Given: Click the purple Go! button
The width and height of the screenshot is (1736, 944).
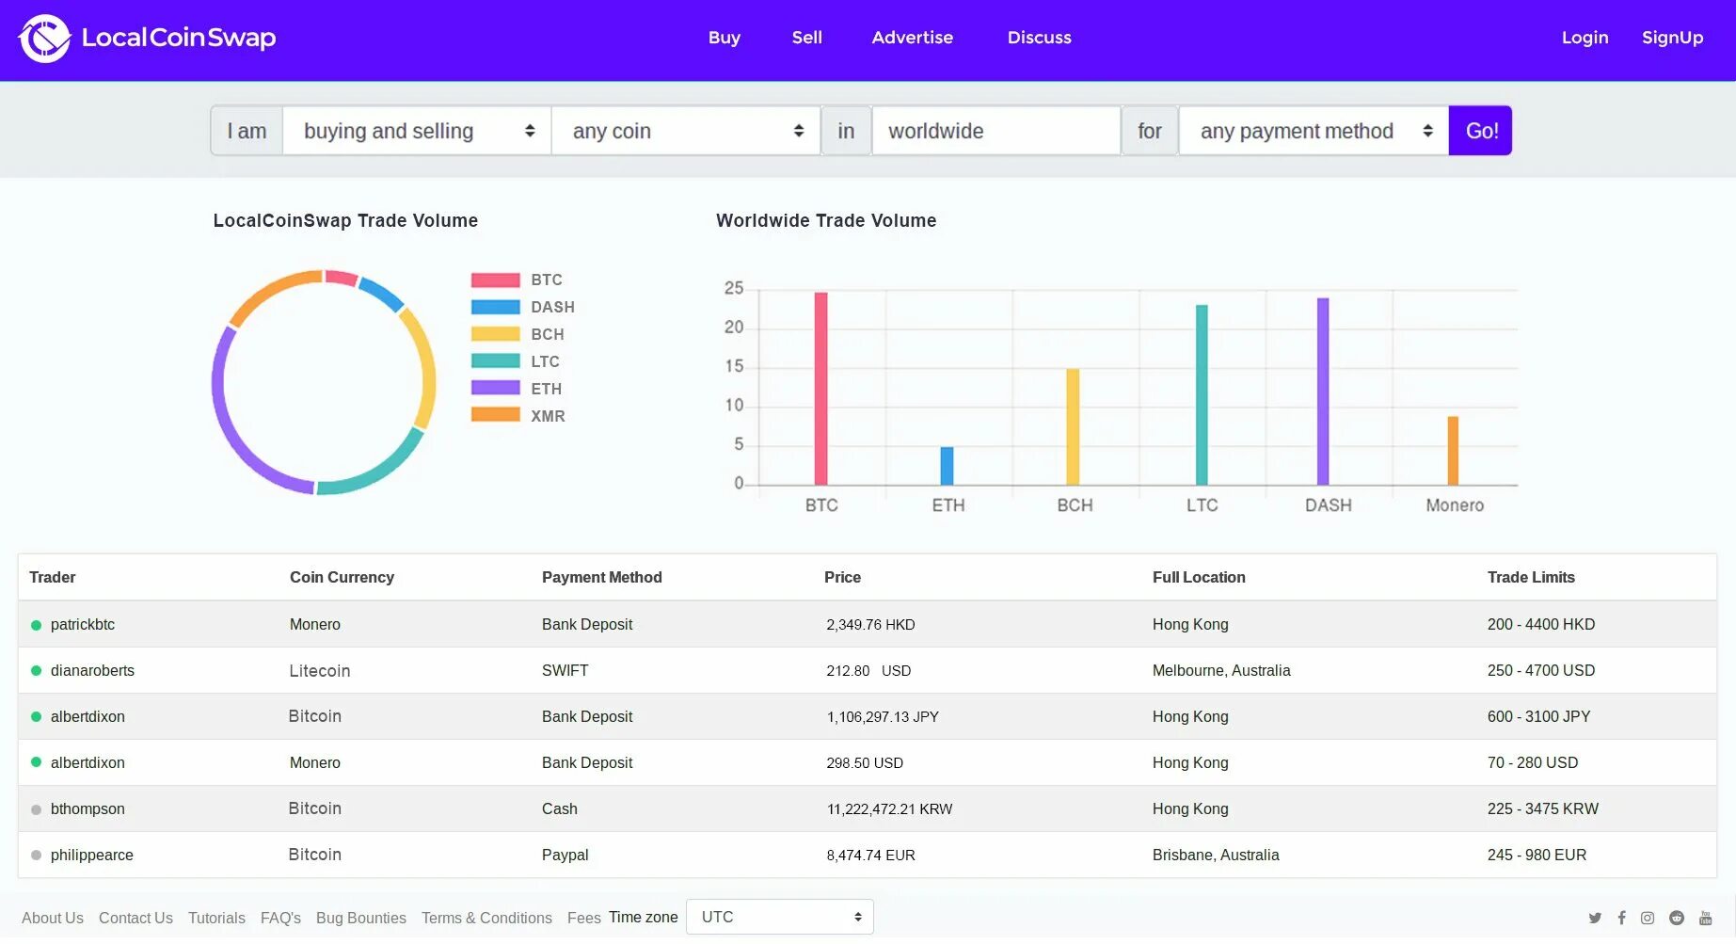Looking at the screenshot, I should coord(1480,131).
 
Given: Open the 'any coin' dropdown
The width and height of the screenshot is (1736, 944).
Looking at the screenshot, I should coord(686,131).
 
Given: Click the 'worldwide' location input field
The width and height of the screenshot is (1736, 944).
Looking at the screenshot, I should coord(995,131).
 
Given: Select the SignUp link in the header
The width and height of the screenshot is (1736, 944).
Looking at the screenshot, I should coord(1672,38).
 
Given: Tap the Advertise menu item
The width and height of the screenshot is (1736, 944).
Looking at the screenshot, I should coord(912,38).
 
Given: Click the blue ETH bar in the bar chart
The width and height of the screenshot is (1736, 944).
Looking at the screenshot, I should coord(947,466).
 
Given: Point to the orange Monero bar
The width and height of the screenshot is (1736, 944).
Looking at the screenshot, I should coord(1453,451).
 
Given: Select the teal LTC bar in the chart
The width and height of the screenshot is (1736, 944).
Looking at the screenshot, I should coord(1202,395).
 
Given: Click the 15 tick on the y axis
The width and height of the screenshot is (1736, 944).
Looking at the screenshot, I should coord(734,366).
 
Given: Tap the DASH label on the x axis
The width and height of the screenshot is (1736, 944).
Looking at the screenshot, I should coord(1328,505).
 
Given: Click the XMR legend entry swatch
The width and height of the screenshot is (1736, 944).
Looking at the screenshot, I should coord(496,415).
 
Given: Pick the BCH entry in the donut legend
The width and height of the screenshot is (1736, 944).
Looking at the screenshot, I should coord(547,334).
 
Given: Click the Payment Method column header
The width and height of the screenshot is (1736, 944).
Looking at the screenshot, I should coord(601,577).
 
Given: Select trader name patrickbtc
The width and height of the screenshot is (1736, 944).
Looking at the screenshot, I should coord(83,624).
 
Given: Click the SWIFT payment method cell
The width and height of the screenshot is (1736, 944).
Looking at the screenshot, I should coord(565,670).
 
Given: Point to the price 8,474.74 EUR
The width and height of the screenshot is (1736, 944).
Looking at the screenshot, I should coord(870,855).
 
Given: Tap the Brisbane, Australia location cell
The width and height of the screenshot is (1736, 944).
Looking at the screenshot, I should coord(1215,855).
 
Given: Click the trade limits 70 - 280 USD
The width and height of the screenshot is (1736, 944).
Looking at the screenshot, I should coord(1532,762).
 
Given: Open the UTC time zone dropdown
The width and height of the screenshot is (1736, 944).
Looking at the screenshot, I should coord(780,917).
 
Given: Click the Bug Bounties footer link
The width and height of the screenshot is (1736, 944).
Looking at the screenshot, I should coord(360,918).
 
